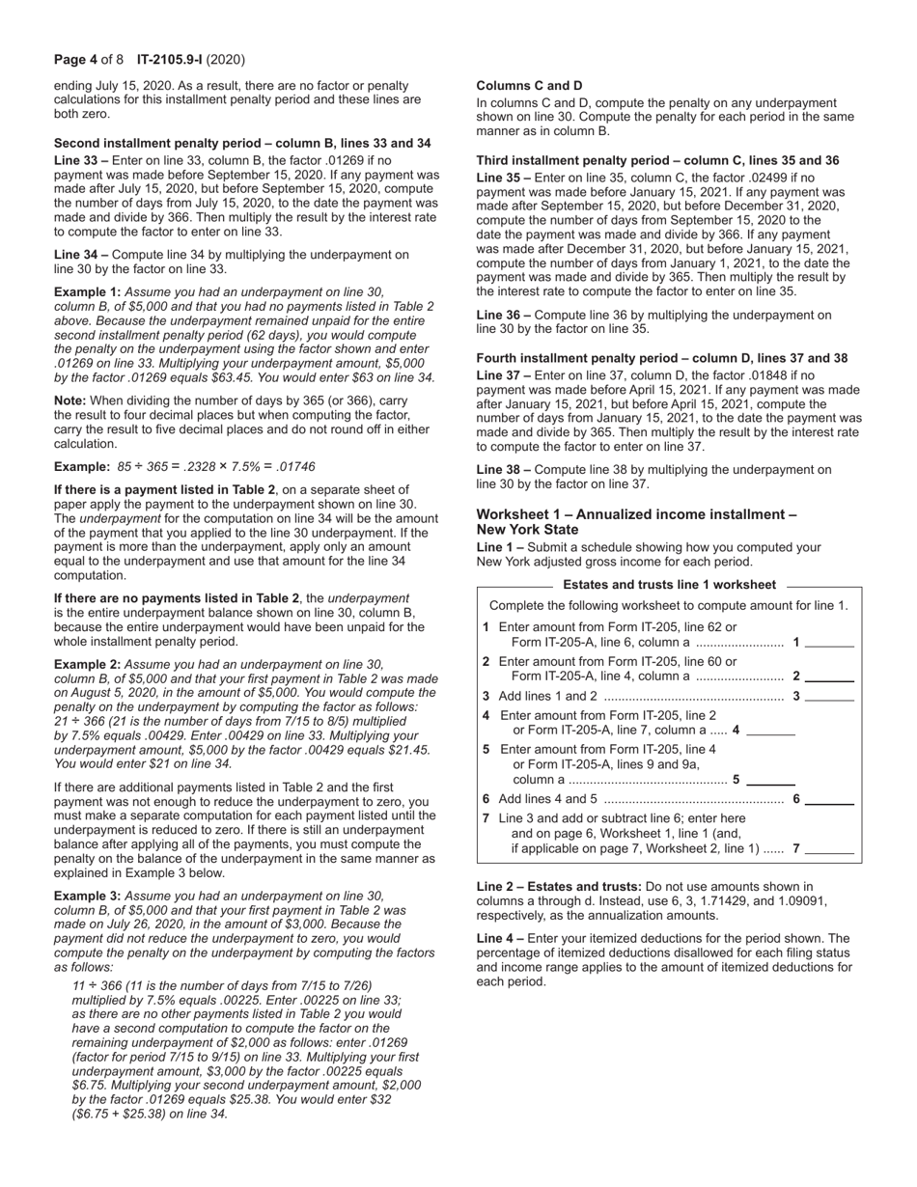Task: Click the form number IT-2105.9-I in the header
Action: click(170, 60)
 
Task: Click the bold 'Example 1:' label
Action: click(87, 291)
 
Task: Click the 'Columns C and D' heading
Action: click(529, 86)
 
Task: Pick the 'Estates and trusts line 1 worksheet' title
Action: click(669, 585)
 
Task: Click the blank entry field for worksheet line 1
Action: click(829, 643)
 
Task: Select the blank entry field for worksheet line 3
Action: click(829, 697)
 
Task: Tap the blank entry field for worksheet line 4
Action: click(771, 732)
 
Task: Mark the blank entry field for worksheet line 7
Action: click(829, 850)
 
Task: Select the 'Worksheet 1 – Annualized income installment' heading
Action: click(636, 514)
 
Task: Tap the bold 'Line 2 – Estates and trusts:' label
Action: click(558, 887)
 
